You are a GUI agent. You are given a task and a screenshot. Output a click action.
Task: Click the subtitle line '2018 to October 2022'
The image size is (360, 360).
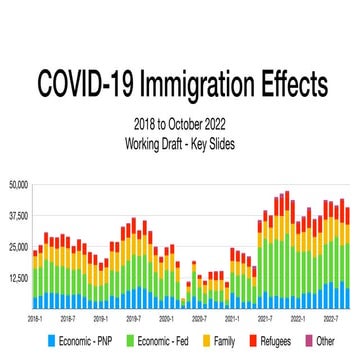coord(181,124)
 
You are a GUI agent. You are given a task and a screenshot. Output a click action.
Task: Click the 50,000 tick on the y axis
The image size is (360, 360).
coord(18,184)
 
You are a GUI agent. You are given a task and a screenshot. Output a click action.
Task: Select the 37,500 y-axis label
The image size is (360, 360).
coord(18,215)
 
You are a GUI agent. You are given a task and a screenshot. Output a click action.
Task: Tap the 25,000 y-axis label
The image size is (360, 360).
coord(18,246)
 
